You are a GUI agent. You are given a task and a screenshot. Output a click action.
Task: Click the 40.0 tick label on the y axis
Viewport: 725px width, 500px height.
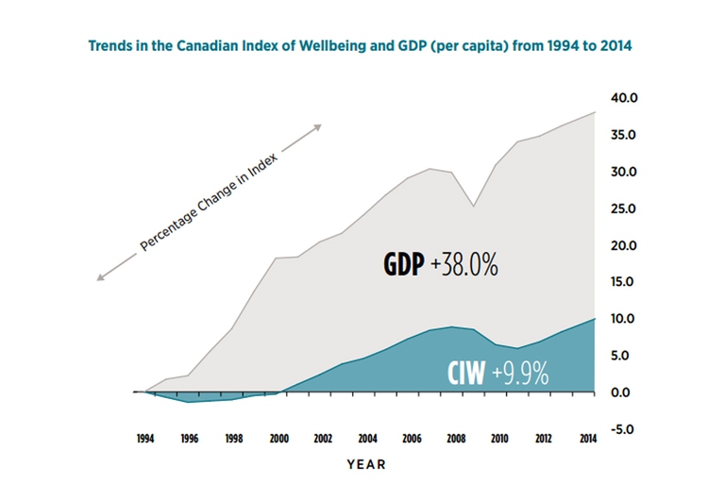pyautogui.click(x=625, y=98)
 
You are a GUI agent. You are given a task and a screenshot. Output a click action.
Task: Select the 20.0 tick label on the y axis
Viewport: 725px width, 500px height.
pyautogui.click(x=625, y=245)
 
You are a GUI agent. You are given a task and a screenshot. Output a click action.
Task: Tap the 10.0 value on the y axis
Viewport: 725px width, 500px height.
pyautogui.click(x=625, y=319)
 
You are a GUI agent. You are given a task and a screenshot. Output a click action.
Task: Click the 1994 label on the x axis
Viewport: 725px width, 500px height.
pyautogui.click(x=144, y=439)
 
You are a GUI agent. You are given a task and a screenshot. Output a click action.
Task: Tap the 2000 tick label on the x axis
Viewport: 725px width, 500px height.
pyautogui.click(x=278, y=439)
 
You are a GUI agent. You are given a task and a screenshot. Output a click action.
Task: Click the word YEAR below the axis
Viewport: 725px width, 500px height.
pyautogui.click(x=366, y=464)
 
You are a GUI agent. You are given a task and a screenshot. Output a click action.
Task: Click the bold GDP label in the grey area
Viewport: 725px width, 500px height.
pyautogui.click(x=403, y=266)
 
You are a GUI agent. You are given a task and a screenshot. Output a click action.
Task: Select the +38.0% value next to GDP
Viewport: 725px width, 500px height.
pyautogui.click(x=464, y=266)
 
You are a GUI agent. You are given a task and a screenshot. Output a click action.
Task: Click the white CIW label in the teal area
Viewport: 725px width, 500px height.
pyautogui.click(x=466, y=374)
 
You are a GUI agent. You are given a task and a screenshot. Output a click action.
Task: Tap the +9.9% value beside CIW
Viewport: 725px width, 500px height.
pyautogui.click(x=518, y=374)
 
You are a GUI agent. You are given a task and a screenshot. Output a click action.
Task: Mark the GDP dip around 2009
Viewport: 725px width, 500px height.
pyautogui.click(x=475, y=206)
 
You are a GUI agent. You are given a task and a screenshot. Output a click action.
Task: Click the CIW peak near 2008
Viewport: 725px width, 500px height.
pyautogui.click(x=453, y=326)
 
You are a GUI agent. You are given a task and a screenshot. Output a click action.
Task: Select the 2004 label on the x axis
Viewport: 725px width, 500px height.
pyautogui.click(x=368, y=439)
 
